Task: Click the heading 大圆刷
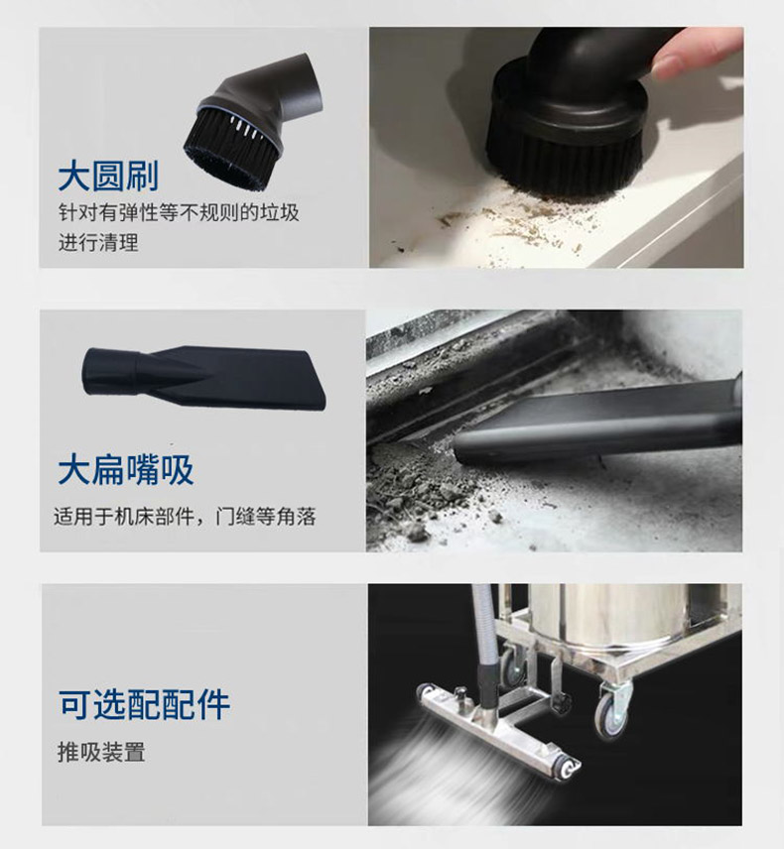pos(108,176)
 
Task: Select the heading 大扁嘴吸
pos(126,469)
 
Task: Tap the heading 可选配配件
pos(144,704)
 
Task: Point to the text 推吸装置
pos(101,752)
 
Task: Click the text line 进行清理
pos(98,242)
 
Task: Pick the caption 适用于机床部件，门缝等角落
pos(185,517)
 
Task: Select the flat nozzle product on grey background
pos(203,378)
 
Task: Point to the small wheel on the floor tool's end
pos(567,769)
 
